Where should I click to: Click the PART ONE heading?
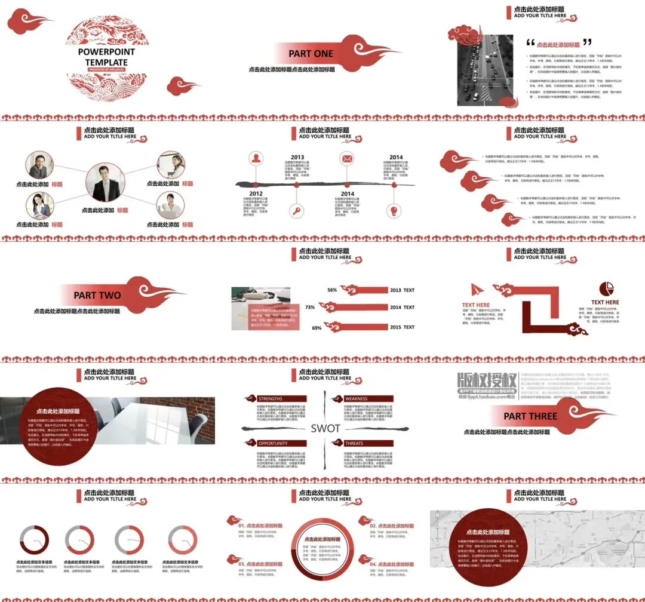click(x=311, y=54)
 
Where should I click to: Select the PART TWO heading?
click(x=97, y=295)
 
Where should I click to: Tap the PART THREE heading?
click(x=530, y=416)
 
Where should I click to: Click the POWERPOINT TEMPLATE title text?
click(x=106, y=57)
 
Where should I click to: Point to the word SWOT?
click(x=325, y=428)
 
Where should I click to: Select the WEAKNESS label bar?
click(x=367, y=398)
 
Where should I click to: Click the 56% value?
click(x=332, y=290)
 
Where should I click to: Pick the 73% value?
click(x=310, y=308)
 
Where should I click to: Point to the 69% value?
click(x=317, y=328)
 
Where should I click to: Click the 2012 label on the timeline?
click(x=256, y=193)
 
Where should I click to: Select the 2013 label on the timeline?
click(x=297, y=158)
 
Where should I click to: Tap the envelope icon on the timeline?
click(x=347, y=159)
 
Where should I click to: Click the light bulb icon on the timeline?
click(x=394, y=210)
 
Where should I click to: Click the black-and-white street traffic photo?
click(x=485, y=70)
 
